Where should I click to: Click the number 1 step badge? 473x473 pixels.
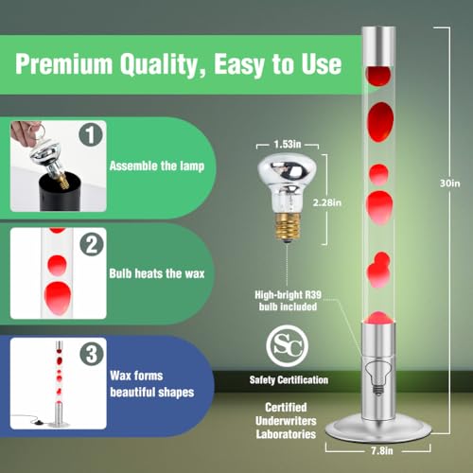[x=91, y=134]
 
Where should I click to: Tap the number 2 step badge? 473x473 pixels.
[x=92, y=244]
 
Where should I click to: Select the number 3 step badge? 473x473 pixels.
[x=92, y=354]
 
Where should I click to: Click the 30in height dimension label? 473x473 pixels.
[x=450, y=184]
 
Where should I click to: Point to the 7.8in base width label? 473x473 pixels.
[x=382, y=450]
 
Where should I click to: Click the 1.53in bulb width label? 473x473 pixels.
[x=288, y=145]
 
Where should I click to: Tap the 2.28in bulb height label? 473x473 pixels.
[x=327, y=202]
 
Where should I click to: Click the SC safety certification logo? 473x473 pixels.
[x=288, y=346]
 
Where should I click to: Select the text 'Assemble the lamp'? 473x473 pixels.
[x=157, y=166]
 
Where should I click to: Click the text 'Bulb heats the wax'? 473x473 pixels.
[x=157, y=273]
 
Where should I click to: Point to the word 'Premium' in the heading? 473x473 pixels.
[x=64, y=64]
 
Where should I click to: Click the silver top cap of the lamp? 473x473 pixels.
[x=378, y=46]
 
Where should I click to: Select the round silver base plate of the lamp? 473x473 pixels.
[x=378, y=428]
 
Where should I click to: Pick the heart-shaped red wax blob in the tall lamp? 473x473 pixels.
[x=378, y=270]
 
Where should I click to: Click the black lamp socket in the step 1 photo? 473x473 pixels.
[x=60, y=193]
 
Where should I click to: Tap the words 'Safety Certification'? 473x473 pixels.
[x=289, y=380]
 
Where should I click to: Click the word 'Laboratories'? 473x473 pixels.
[x=286, y=434]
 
